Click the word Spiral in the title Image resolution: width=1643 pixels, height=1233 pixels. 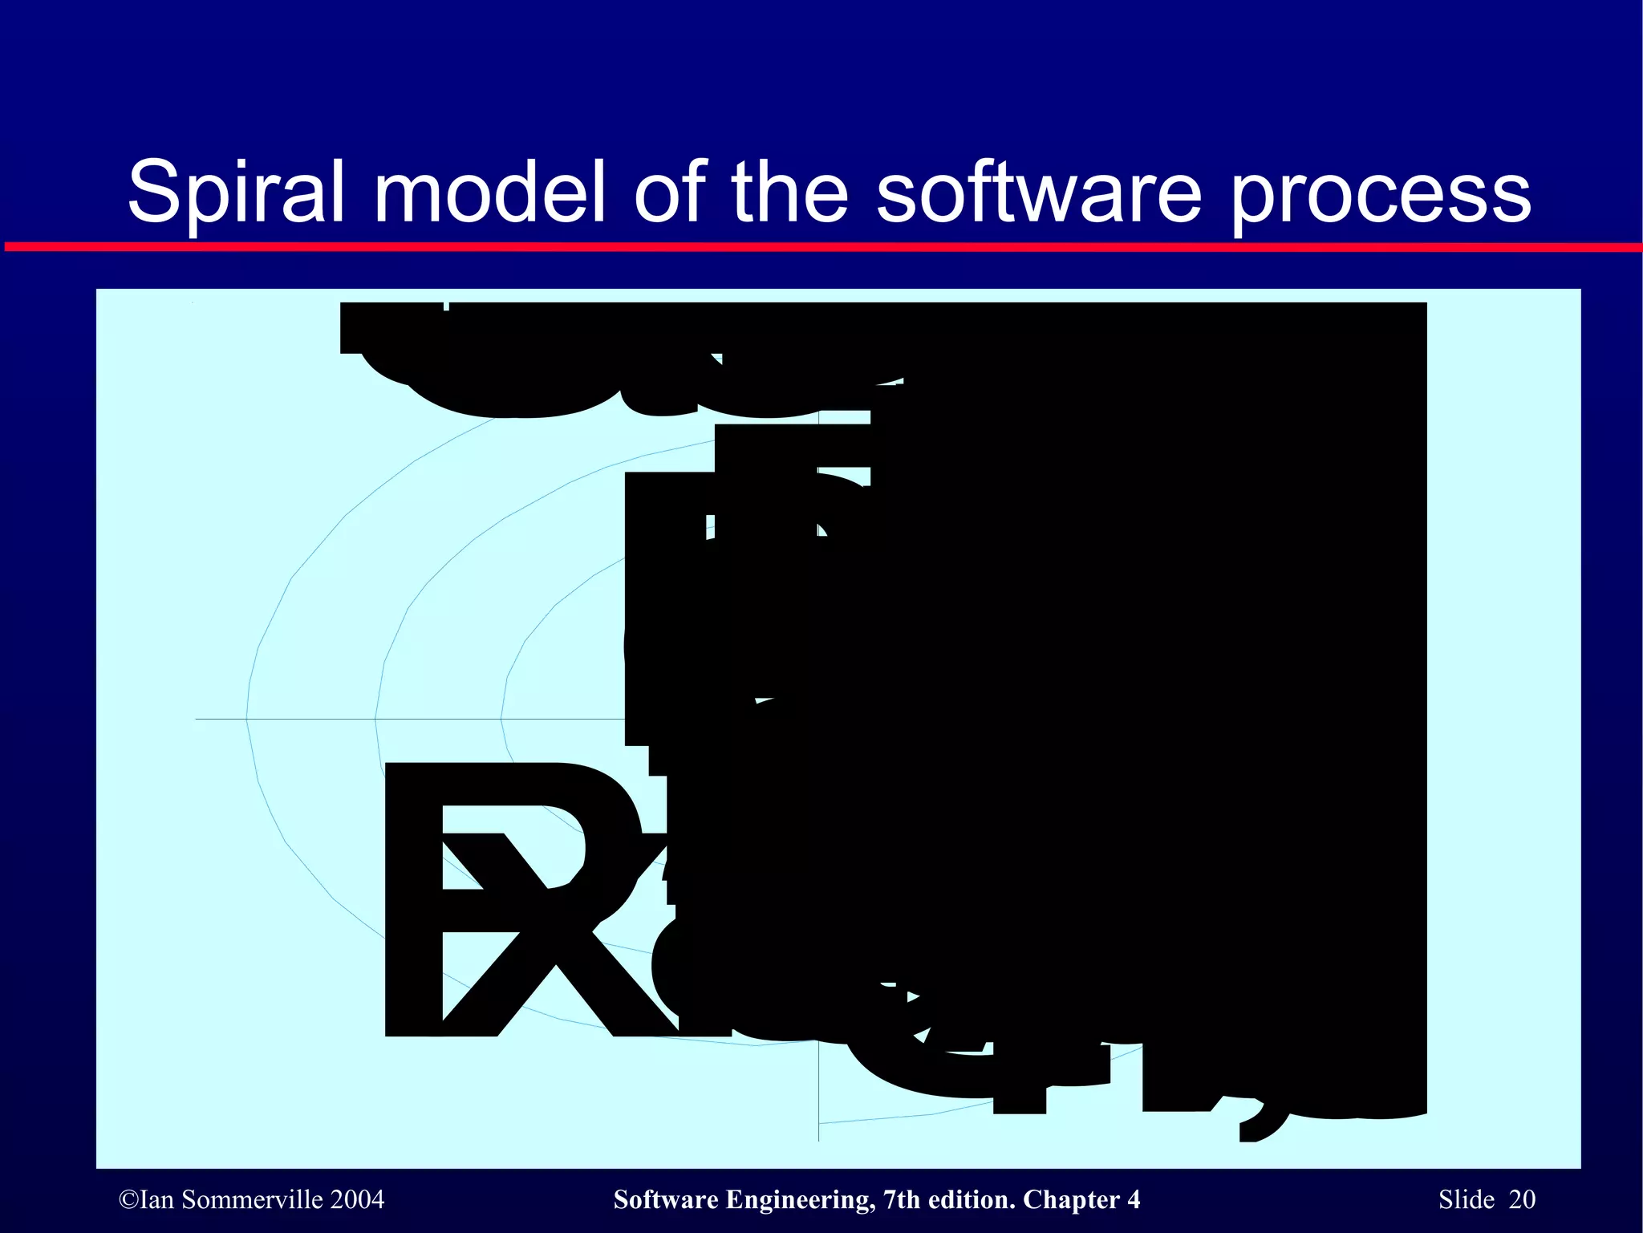point(236,193)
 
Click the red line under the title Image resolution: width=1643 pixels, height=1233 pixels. point(821,247)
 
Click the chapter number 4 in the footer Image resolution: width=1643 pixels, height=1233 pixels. point(1134,1199)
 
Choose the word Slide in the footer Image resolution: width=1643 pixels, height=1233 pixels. point(1467,1199)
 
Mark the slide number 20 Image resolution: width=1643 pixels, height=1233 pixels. point(1522,1199)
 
